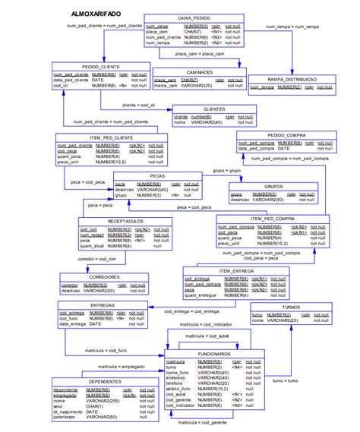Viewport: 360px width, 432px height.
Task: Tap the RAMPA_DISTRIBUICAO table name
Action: pos(290,79)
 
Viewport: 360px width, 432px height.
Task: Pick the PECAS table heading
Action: pos(157,176)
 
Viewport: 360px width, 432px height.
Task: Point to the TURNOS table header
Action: pos(291,307)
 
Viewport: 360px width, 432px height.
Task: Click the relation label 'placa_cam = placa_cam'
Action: pos(200,54)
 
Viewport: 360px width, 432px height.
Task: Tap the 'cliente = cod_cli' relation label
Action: pos(138,105)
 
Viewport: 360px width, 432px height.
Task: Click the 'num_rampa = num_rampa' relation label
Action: pos(292,27)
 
